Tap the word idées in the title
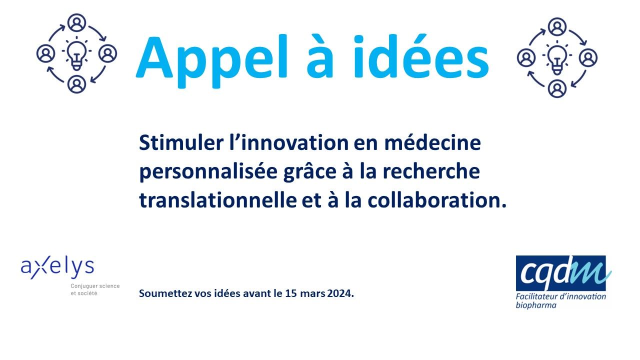(x=421, y=56)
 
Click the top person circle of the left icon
(x=76, y=22)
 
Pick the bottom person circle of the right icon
(x=557, y=88)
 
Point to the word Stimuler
(x=181, y=142)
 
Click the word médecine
(x=432, y=142)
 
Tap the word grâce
(x=309, y=172)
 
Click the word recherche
(x=431, y=171)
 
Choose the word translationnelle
(x=218, y=200)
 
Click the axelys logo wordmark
(x=57, y=267)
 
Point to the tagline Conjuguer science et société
(x=95, y=289)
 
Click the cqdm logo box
(x=560, y=273)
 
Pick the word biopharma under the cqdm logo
(x=536, y=305)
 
